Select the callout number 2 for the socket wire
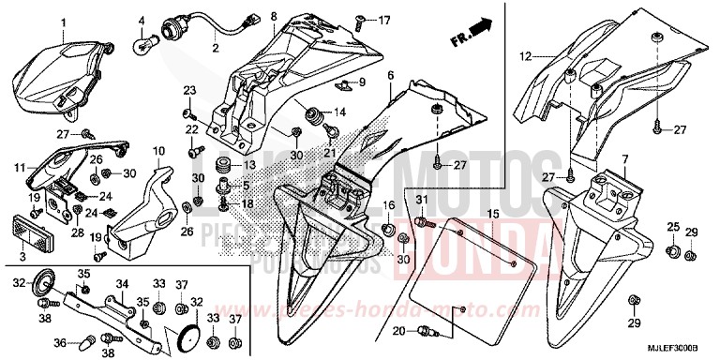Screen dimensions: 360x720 pyautogui.click(x=214, y=47)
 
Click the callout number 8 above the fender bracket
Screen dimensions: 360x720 pyautogui.click(x=274, y=16)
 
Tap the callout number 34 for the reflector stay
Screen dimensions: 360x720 pyautogui.click(x=121, y=282)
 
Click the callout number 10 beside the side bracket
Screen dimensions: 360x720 pyautogui.click(x=157, y=150)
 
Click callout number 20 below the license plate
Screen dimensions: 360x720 pyautogui.click(x=398, y=330)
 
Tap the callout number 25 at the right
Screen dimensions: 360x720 pyautogui.click(x=671, y=228)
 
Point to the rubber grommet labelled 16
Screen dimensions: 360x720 pyautogui.click(x=387, y=229)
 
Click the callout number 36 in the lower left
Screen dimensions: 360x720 pyautogui.click(x=59, y=341)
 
